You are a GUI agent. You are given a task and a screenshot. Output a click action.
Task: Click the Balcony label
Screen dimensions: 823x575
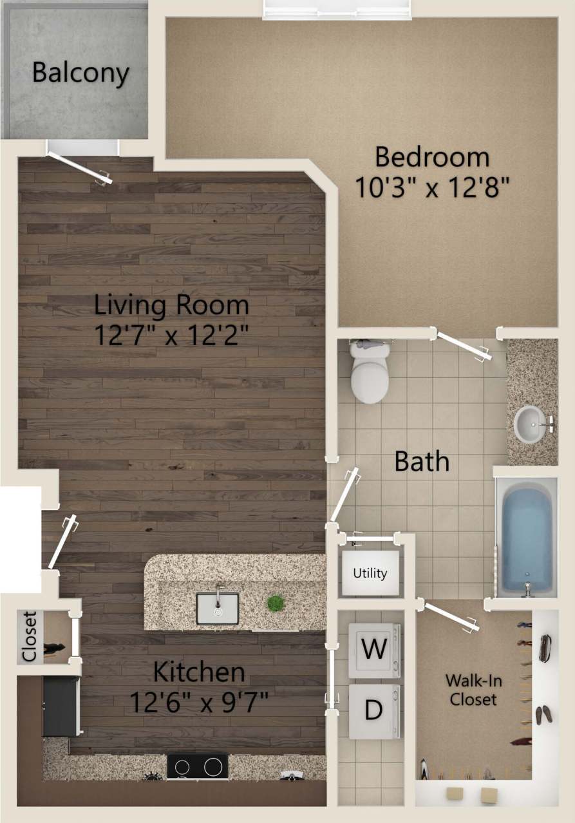pyautogui.click(x=80, y=73)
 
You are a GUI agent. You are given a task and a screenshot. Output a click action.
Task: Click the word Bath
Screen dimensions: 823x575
pyautogui.click(x=422, y=461)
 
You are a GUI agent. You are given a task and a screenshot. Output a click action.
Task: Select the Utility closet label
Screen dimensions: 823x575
pyautogui.click(x=370, y=572)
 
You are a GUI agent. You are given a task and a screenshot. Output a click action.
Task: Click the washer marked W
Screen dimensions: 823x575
pyautogui.click(x=374, y=649)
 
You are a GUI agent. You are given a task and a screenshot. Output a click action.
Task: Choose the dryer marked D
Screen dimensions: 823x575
pyautogui.click(x=374, y=710)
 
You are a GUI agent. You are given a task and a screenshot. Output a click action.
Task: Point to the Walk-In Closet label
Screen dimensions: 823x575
pyautogui.click(x=474, y=690)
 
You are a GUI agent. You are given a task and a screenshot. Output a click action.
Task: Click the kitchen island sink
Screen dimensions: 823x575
pyautogui.click(x=217, y=608)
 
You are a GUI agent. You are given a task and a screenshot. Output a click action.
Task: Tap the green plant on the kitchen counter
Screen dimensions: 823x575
pyautogui.click(x=276, y=603)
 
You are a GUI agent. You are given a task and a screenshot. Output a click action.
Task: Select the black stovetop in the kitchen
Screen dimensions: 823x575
pyautogui.click(x=197, y=766)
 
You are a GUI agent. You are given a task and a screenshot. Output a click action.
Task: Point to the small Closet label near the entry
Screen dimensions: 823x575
pyautogui.click(x=29, y=636)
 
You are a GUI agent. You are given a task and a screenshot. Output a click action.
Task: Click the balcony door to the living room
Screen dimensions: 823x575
pyautogui.click(x=81, y=167)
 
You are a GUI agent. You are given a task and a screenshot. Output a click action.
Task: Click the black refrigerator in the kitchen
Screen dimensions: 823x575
pyautogui.click(x=61, y=706)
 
